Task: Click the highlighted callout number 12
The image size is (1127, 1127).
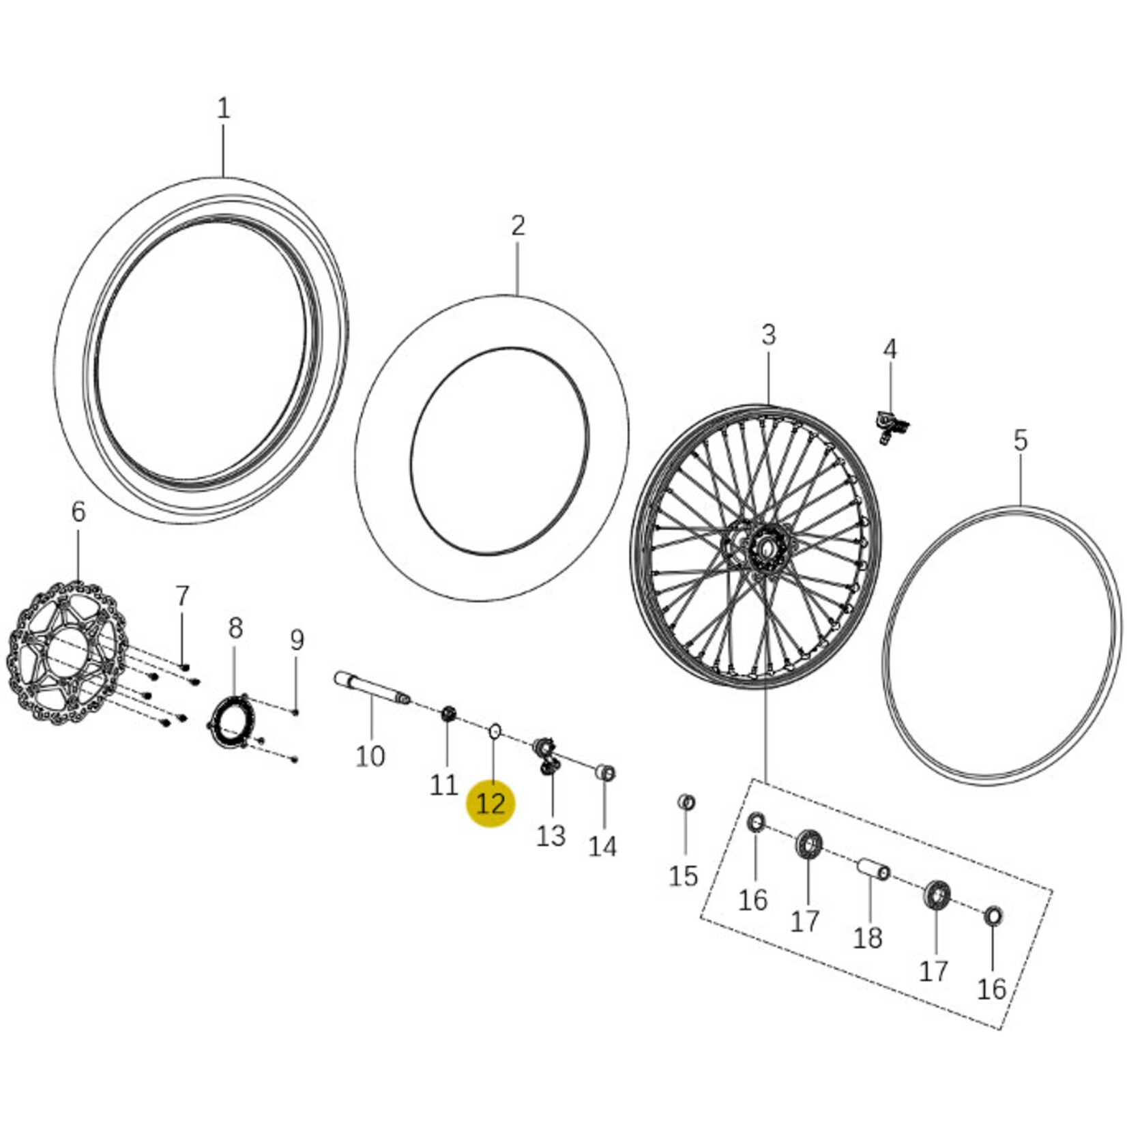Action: pyautogui.click(x=491, y=804)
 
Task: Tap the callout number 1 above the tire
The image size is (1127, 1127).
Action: pyautogui.click(x=224, y=108)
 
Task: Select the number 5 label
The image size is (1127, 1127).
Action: pyautogui.click(x=1020, y=441)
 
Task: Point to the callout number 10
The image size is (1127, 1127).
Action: pyautogui.click(x=370, y=756)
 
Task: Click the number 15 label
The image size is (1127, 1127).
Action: pyautogui.click(x=683, y=876)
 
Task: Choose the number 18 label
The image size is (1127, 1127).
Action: pyautogui.click(x=868, y=939)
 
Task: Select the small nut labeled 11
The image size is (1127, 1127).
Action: pyautogui.click(x=448, y=714)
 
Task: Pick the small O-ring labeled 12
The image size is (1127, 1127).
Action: pyautogui.click(x=495, y=732)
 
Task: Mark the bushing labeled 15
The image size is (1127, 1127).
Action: pyautogui.click(x=687, y=802)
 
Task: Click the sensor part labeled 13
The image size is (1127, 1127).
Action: pyautogui.click(x=547, y=755)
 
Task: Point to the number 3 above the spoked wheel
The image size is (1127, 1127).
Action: pyautogui.click(x=769, y=335)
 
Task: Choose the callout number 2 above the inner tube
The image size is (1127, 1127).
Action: pyautogui.click(x=518, y=226)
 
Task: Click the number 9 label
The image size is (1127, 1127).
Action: pyautogui.click(x=297, y=640)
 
